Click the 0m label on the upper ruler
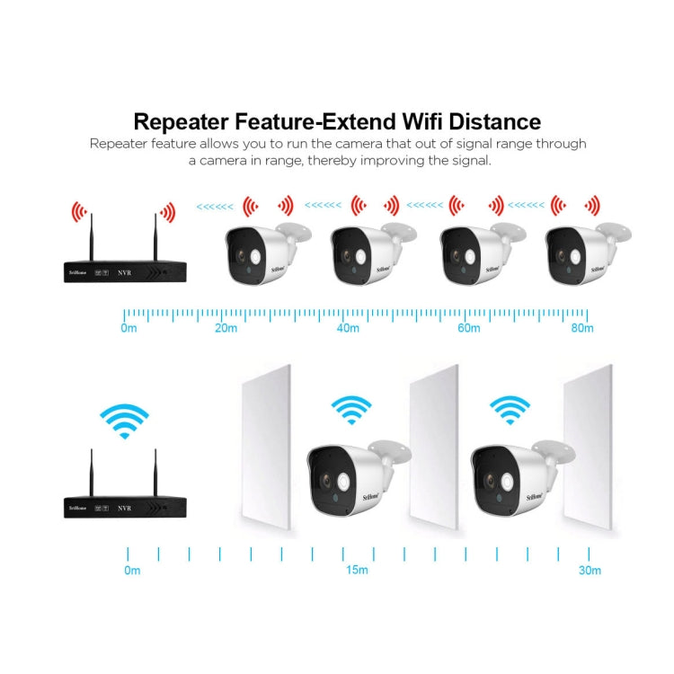click(x=129, y=328)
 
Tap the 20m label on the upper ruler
click(x=226, y=328)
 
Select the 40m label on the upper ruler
click(x=348, y=328)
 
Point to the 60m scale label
click(x=469, y=328)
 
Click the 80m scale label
click(x=582, y=328)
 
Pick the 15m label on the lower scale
click(x=356, y=570)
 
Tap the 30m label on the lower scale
click(x=590, y=570)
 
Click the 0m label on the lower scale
click(x=132, y=570)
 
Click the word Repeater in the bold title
click(x=187, y=121)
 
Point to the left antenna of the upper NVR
click(x=90, y=235)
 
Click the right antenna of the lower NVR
click(x=155, y=471)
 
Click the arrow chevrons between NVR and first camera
click(x=214, y=206)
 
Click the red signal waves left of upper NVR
click(x=79, y=213)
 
